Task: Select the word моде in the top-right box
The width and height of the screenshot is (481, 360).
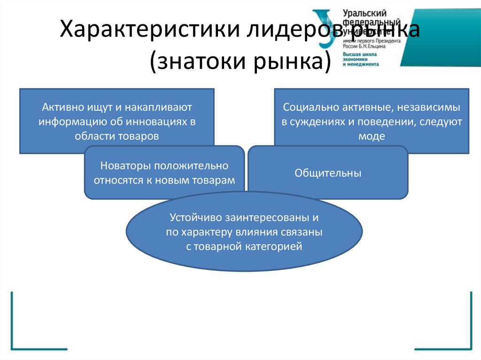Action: pos(372,136)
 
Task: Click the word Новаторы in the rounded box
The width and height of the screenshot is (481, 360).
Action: pos(121,166)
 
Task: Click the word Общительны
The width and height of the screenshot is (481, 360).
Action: pos(328,173)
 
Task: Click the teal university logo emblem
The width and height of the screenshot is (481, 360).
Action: pos(325,28)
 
